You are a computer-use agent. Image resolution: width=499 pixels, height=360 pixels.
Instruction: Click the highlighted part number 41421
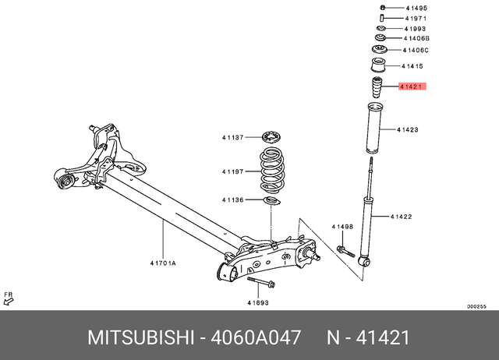pyautogui.click(x=410, y=88)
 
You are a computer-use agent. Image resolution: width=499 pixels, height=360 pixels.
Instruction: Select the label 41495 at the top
pyautogui.click(x=416, y=8)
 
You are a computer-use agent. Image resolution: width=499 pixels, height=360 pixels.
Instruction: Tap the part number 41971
pyautogui.click(x=416, y=17)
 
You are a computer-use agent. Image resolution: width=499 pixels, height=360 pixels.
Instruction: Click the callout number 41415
pyautogui.click(x=412, y=67)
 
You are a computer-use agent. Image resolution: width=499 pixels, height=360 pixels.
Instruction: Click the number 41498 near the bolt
pyautogui.click(x=342, y=227)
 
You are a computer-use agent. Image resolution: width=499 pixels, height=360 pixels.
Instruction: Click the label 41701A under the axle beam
pyautogui.click(x=163, y=263)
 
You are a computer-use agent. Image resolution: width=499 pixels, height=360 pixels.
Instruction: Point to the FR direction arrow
pyautogui.click(x=9, y=298)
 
